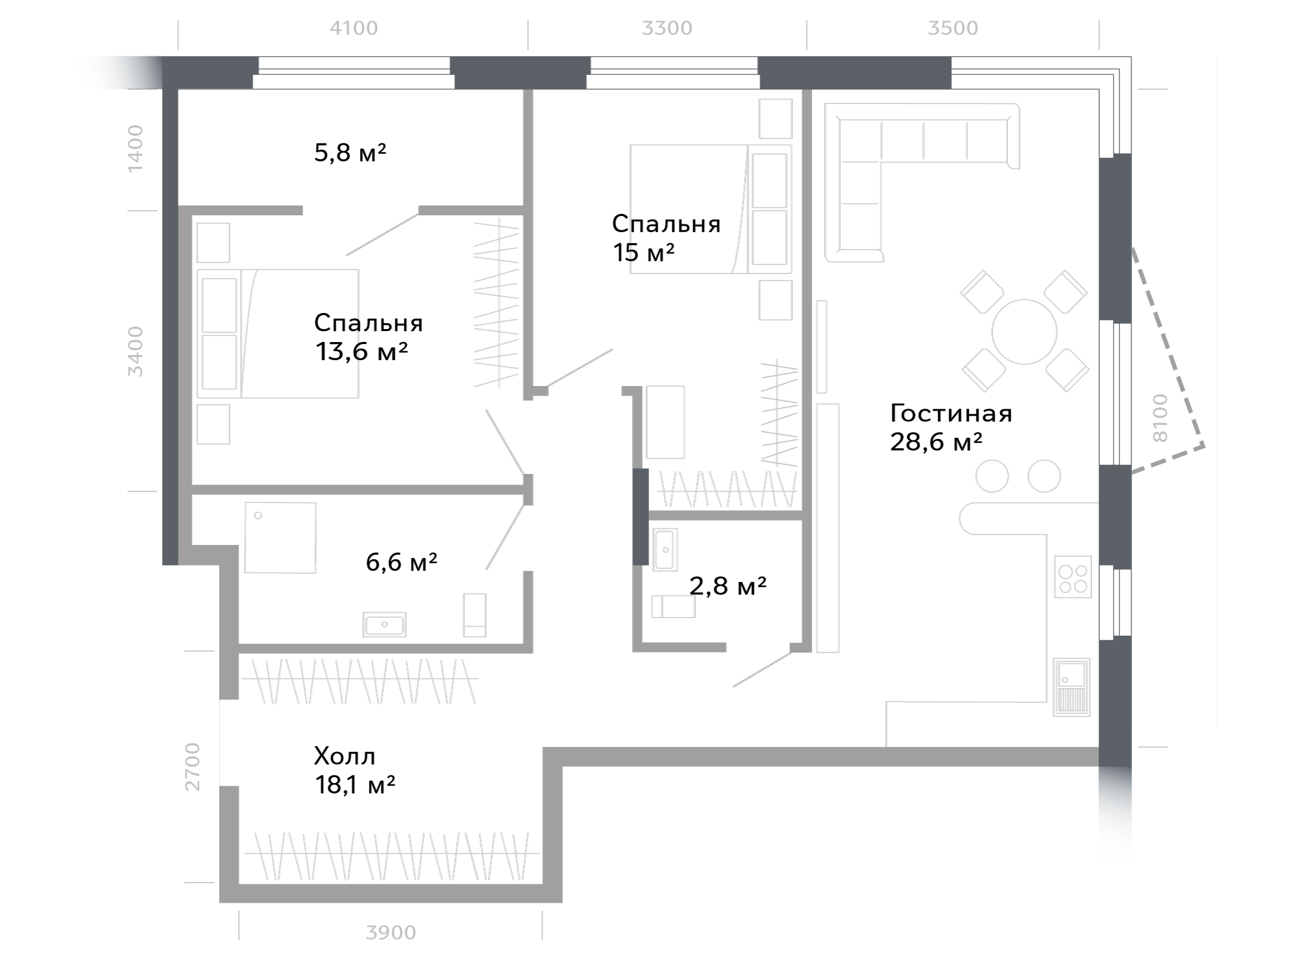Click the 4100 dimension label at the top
pyautogui.click(x=354, y=28)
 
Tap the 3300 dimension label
pyautogui.click(x=667, y=28)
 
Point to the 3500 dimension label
pyautogui.click(x=953, y=28)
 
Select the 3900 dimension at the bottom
pyautogui.click(x=390, y=932)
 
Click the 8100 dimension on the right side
pyautogui.click(x=1160, y=418)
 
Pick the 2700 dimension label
pyautogui.click(x=193, y=767)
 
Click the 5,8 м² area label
pyautogui.click(x=350, y=153)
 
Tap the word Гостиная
pyautogui.click(x=951, y=413)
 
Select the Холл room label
pyautogui.click(x=345, y=756)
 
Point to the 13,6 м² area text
pyautogui.click(x=361, y=352)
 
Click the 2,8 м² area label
pyautogui.click(x=728, y=586)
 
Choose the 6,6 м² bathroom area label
pyautogui.click(x=401, y=562)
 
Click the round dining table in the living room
pyautogui.click(x=1024, y=332)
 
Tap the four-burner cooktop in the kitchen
pyautogui.click(x=1073, y=577)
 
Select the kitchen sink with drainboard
pyautogui.click(x=1072, y=687)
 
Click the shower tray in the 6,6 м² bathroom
pyautogui.click(x=281, y=537)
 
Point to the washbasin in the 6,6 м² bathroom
pyautogui.click(x=385, y=625)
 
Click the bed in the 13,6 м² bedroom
pyautogui.click(x=278, y=334)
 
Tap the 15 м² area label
pyautogui.click(x=644, y=252)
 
